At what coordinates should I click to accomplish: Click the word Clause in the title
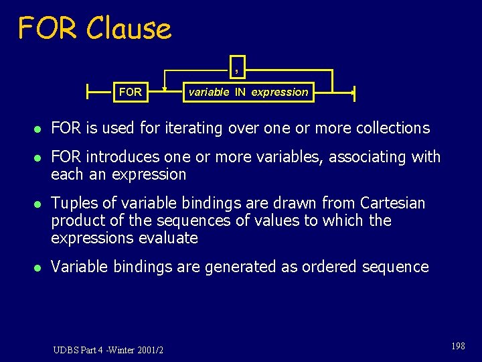tap(129, 28)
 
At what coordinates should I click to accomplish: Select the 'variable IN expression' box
tap(248, 92)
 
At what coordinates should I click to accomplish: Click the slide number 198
tap(458, 346)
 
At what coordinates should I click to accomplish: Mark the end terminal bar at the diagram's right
tap(353, 92)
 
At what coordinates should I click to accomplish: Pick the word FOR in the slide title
tap(47, 28)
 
